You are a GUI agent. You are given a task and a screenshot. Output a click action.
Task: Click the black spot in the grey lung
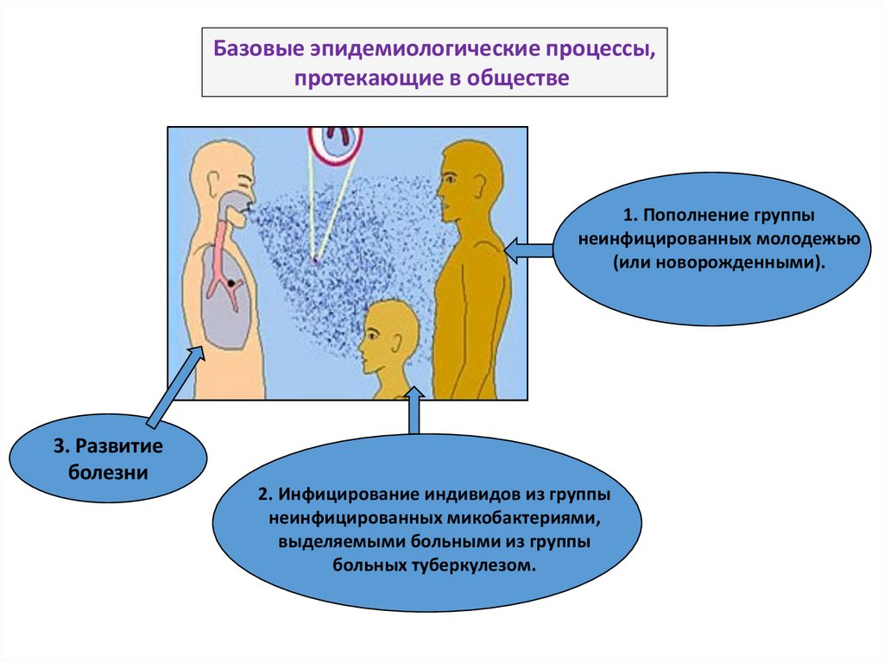[x=231, y=283]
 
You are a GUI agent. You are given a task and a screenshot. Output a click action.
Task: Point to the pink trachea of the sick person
[x=222, y=249]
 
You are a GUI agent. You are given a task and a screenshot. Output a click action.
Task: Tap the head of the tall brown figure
[x=469, y=181]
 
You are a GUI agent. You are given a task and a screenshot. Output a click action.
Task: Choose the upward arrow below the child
[x=414, y=412]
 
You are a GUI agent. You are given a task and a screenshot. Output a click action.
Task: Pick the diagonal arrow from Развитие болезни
[x=177, y=385]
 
